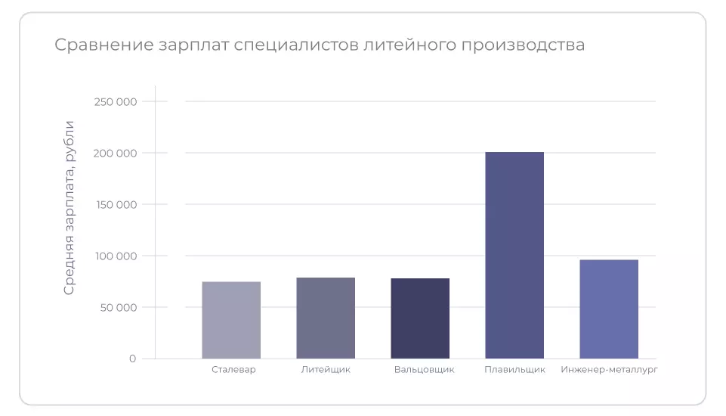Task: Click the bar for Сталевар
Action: point(231,320)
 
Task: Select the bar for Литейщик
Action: point(326,318)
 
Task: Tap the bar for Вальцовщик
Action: point(420,318)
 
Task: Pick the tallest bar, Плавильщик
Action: point(514,255)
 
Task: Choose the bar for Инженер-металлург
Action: point(609,309)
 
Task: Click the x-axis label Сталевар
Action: point(233,370)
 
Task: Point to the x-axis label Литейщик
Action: point(326,370)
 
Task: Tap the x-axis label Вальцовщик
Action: point(424,370)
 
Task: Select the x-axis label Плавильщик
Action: point(514,370)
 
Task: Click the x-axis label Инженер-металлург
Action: point(610,370)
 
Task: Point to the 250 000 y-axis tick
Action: point(115,101)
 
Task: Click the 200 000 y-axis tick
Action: point(115,153)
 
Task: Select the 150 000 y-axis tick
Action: point(115,204)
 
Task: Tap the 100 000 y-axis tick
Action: point(115,256)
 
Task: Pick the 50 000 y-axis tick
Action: point(118,307)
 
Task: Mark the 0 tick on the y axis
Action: point(132,359)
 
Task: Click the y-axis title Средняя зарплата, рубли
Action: point(70,207)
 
